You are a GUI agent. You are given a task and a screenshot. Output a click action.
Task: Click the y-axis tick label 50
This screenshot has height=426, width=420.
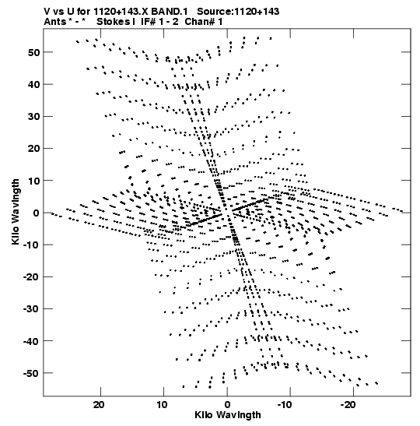(33, 52)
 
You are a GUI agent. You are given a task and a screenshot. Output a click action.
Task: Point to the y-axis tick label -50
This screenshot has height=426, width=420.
(31, 373)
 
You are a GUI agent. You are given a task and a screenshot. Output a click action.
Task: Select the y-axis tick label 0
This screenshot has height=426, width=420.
(37, 213)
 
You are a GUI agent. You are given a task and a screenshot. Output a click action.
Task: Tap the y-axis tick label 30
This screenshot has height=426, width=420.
(33, 117)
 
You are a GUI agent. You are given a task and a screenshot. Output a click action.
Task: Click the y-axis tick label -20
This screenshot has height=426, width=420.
(31, 277)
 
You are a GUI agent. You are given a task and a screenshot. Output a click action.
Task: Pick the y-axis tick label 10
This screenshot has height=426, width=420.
(33, 181)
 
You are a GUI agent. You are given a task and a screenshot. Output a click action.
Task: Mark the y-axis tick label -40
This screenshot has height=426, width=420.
(31, 341)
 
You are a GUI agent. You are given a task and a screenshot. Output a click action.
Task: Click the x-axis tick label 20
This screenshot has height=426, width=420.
(99, 405)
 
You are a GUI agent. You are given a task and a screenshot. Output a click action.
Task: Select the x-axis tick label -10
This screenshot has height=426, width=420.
(285, 405)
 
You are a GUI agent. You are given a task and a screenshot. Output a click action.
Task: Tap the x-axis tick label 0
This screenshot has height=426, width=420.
(227, 405)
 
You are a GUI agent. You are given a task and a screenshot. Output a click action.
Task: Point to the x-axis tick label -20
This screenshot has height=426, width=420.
(348, 405)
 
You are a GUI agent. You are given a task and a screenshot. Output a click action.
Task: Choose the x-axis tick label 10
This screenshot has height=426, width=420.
(162, 405)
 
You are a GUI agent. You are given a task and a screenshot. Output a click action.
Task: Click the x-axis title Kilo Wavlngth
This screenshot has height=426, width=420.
(228, 415)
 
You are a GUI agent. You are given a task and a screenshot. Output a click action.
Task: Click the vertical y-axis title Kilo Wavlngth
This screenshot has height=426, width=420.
(16, 212)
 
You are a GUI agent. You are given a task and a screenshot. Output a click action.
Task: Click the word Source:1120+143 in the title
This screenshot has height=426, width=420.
(238, 12)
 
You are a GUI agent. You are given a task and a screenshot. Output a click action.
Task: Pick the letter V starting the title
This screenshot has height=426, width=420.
(47, 12)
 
